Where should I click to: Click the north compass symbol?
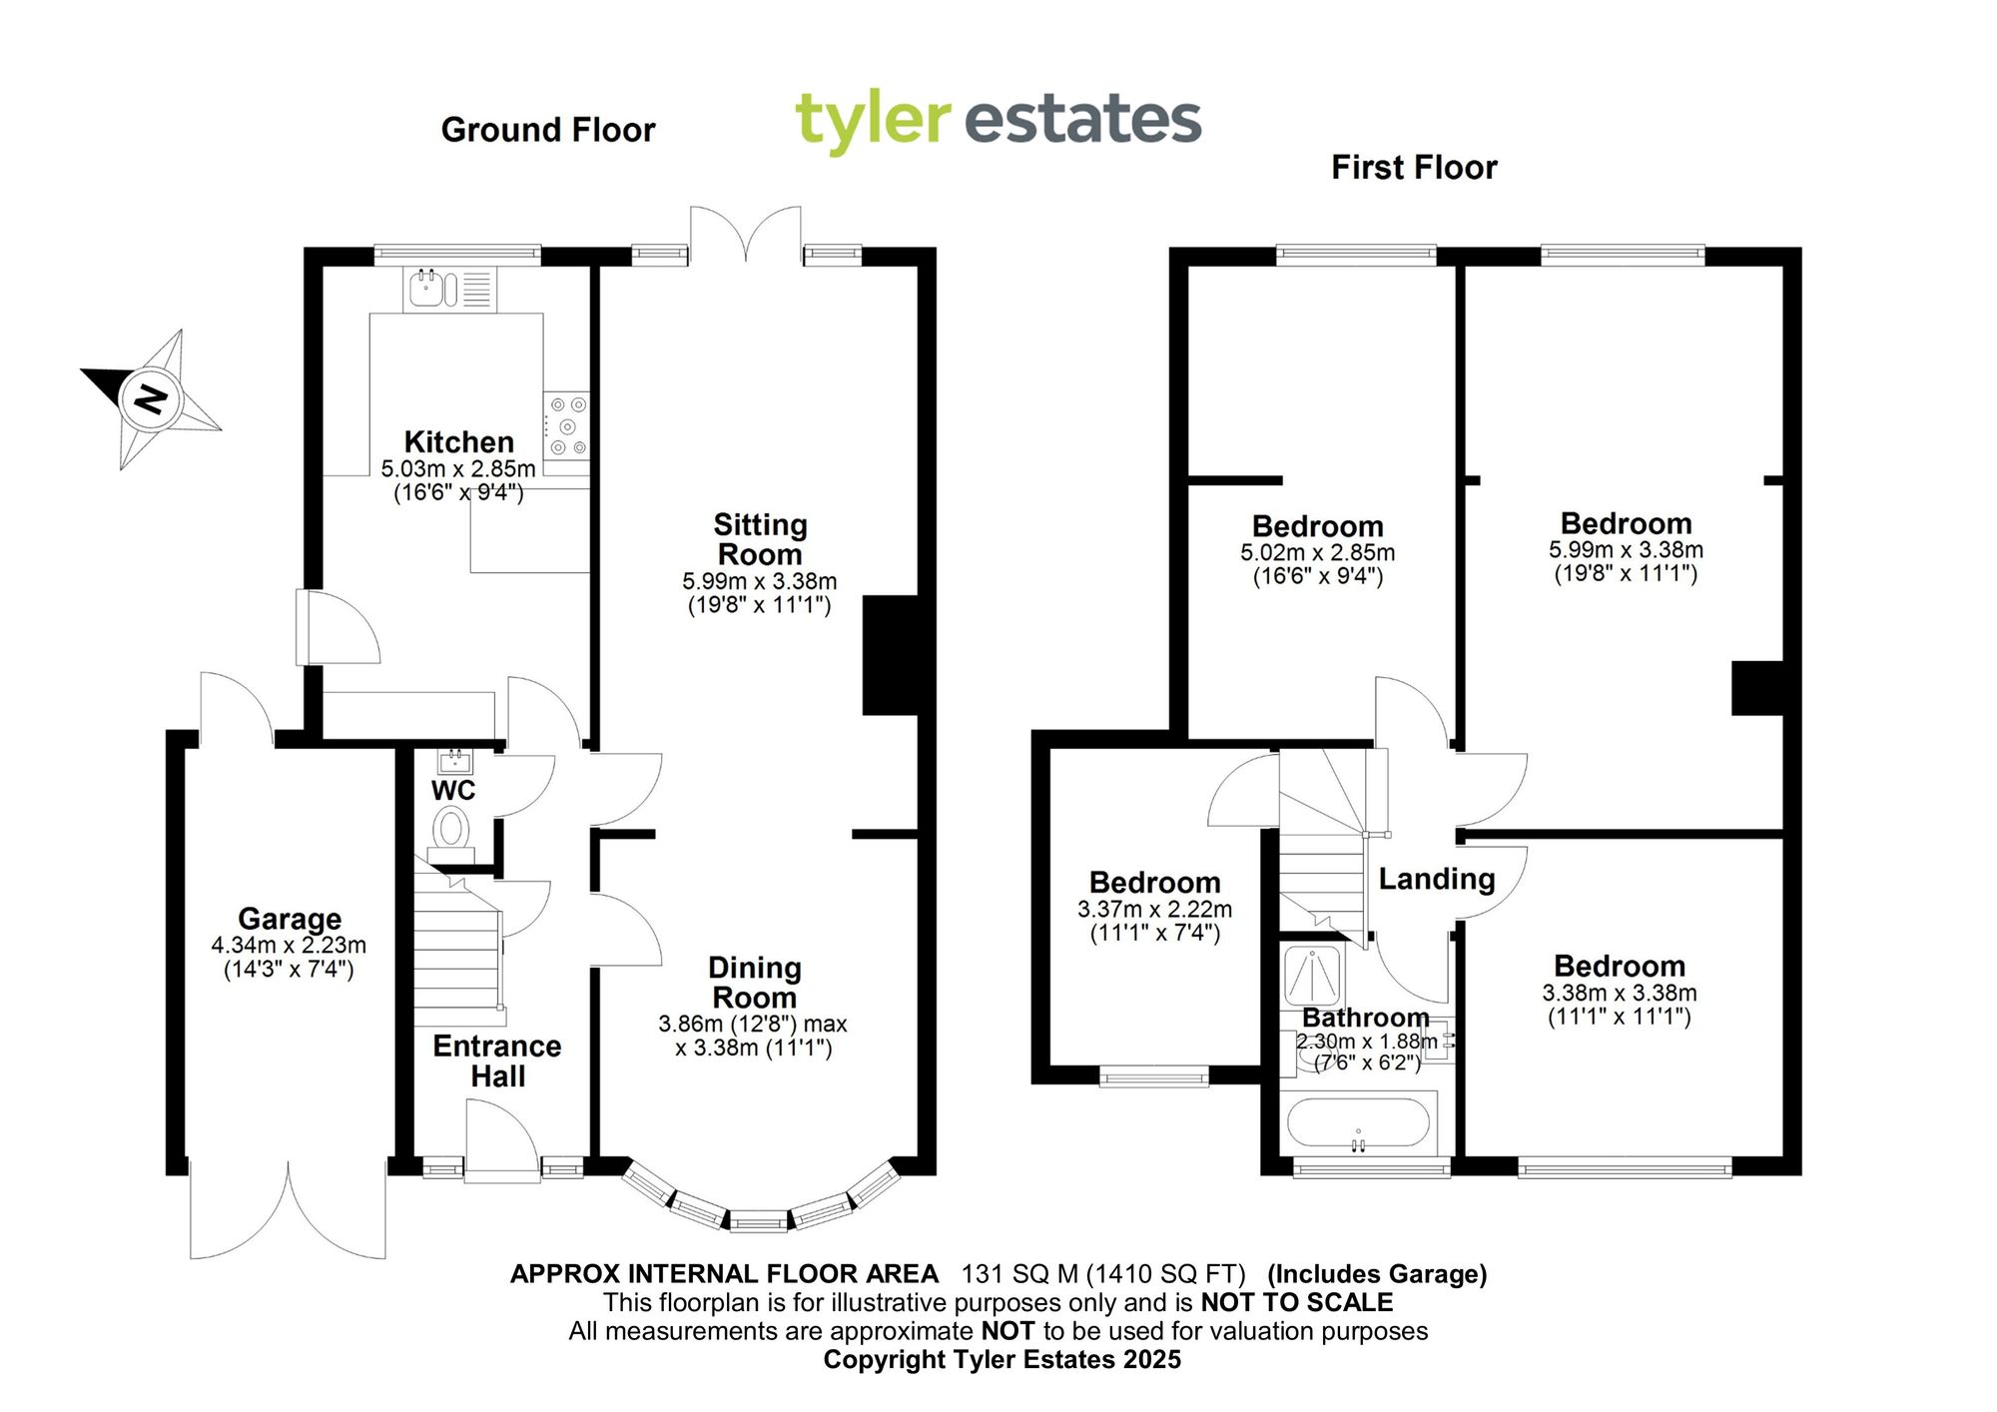click(151, 398)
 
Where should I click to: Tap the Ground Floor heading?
click(548, 130)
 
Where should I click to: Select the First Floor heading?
click(1414, 167)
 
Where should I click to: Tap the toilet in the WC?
click(451, 830)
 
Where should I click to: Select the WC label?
click(453, 790)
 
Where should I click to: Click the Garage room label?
click(290, 918)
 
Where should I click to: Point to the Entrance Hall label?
click(497, 1060)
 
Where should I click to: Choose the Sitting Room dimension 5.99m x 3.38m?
click(760, 581)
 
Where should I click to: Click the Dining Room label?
click(755, 983)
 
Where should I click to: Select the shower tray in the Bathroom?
click(1312, 975)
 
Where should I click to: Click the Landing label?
click(1437, 879)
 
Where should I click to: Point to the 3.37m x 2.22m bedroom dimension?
click(1154, 910)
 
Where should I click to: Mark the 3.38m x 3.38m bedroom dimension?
click(1620, 993)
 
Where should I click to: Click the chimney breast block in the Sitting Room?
click(890, 655)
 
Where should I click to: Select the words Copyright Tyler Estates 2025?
click(1001, 1359)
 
